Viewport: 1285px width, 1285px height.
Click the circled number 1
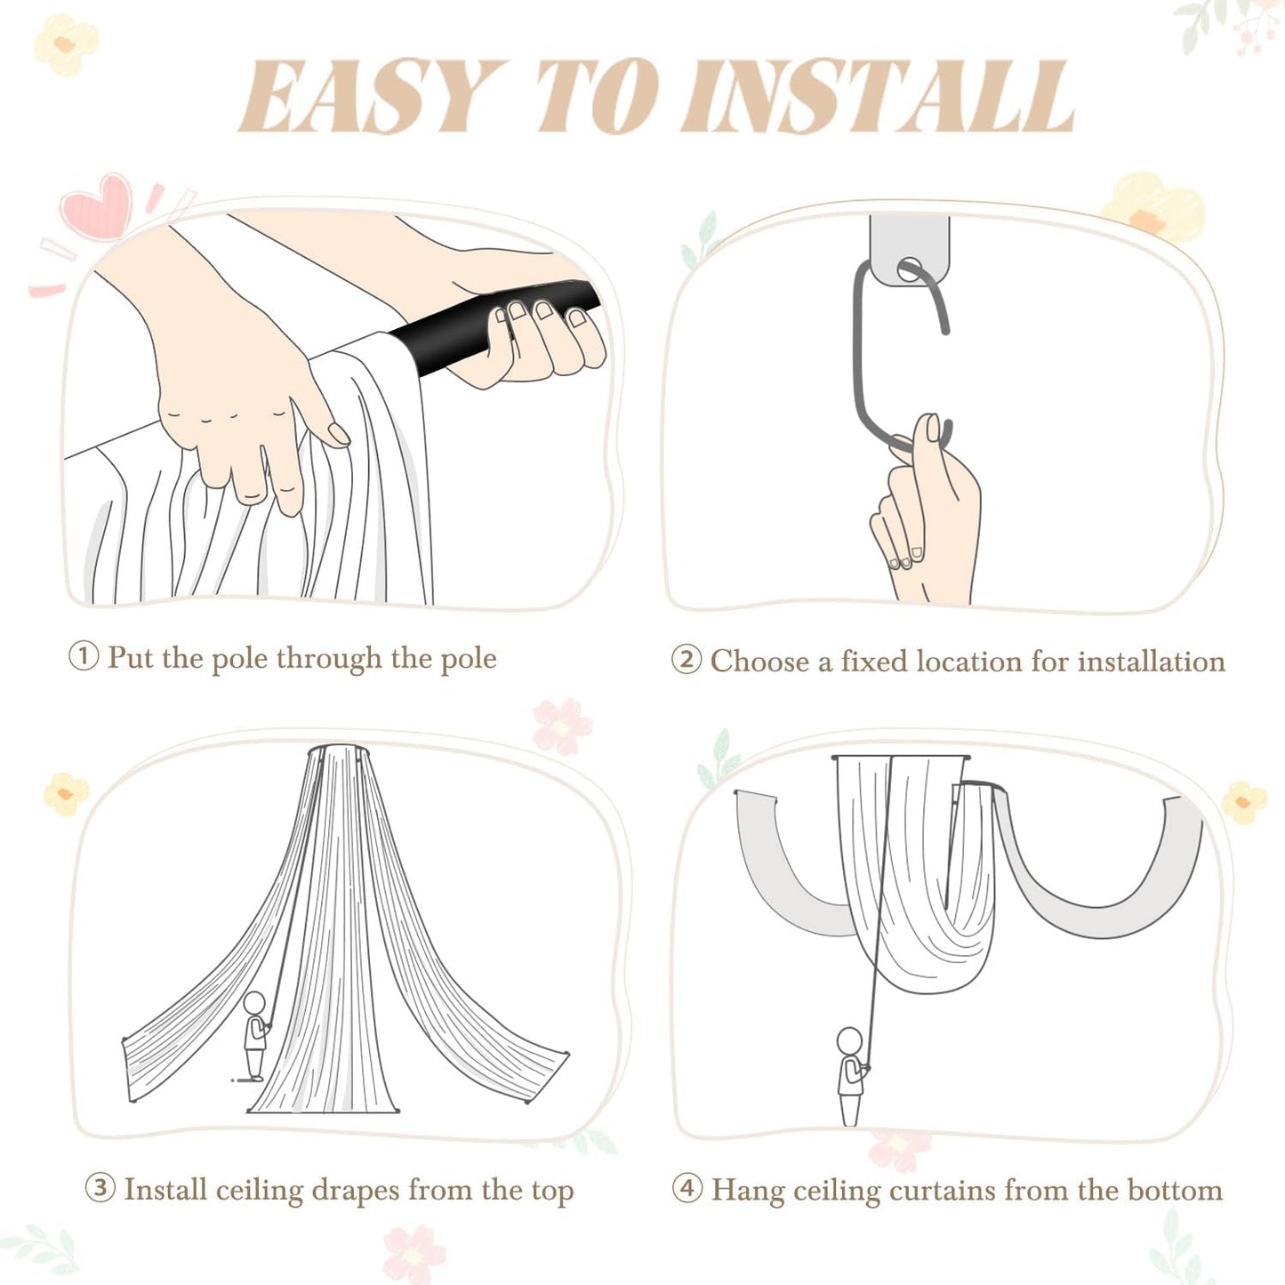[84, 657]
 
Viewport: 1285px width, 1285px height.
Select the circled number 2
[686, 660]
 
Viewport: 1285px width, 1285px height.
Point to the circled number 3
[100, 1188]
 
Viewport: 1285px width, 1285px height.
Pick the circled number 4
[687, 1188]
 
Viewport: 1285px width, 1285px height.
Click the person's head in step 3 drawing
[256, 1003]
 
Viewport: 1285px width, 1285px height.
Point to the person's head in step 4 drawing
[849, 1040]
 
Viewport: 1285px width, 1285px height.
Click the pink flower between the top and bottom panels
[562, 726]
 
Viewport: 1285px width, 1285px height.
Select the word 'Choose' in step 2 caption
[759, 661]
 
